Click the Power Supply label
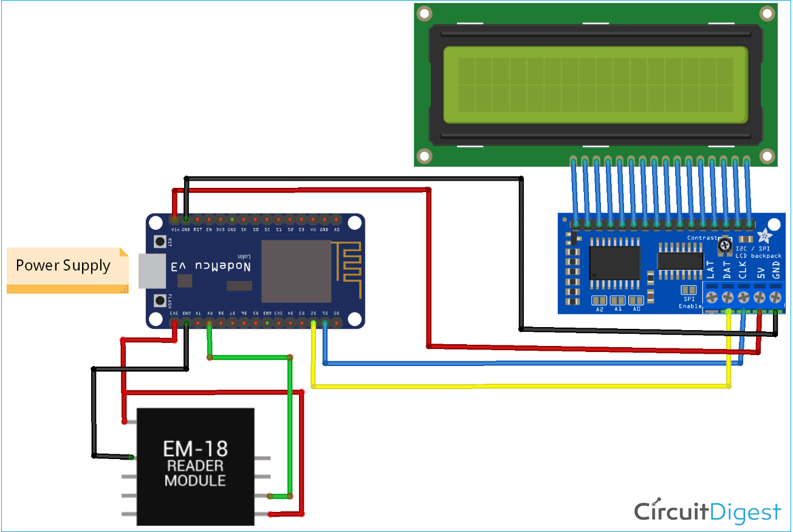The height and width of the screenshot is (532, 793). (x=63, y=266)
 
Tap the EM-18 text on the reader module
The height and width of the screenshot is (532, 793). (x=195, y=449)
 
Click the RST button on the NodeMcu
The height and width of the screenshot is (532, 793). (x=160, y=242)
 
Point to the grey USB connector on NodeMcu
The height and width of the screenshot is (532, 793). (x=150, y=271)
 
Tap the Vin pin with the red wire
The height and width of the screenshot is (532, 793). (x=174, y=219)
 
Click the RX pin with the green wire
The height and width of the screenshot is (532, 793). (x=210, y=323)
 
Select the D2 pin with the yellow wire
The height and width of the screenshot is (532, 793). (x=314, y=323)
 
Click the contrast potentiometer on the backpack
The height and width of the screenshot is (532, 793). (x=724, y=246)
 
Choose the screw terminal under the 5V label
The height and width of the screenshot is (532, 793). (x=760, y=297)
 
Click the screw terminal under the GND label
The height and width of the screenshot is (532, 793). (x=775, y=297)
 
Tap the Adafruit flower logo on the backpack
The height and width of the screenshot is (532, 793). (x=764, y=235)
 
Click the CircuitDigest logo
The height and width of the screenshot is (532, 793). (x=707, y=512)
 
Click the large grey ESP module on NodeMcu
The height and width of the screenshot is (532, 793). (x=296, y=271)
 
